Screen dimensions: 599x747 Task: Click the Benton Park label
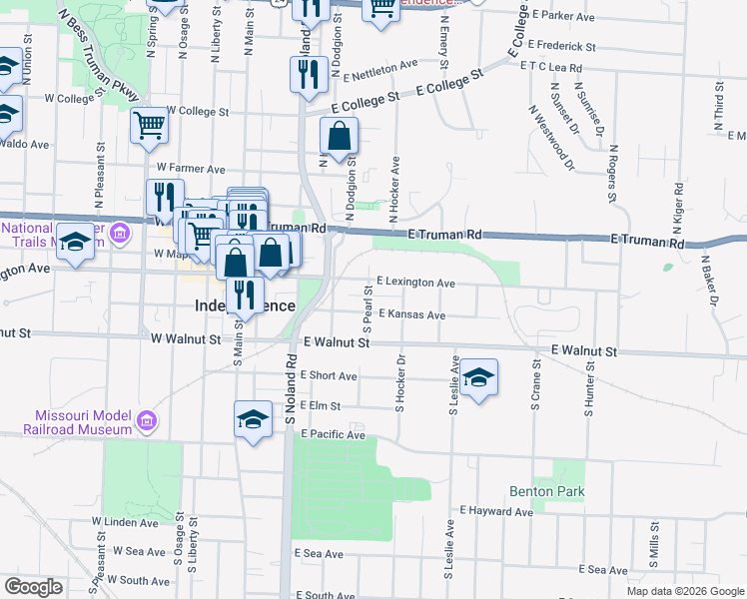click(x=546, y=491)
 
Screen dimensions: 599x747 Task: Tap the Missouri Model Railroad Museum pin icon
click(x=148, y=422)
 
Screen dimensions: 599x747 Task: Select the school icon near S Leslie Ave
click(x=479, y=377)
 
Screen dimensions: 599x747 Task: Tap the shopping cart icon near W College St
click(x=149, y=126)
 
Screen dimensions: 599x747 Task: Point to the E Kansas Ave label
click(x=411, y=314)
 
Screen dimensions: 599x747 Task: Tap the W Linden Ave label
click(x=125, y=521)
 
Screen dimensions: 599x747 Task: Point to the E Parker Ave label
click(x=564, y=16)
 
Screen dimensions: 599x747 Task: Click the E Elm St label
click(x=321, y=406)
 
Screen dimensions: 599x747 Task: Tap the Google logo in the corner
click(x=33, y=587)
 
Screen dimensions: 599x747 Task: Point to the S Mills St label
click(x=654, y=539)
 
